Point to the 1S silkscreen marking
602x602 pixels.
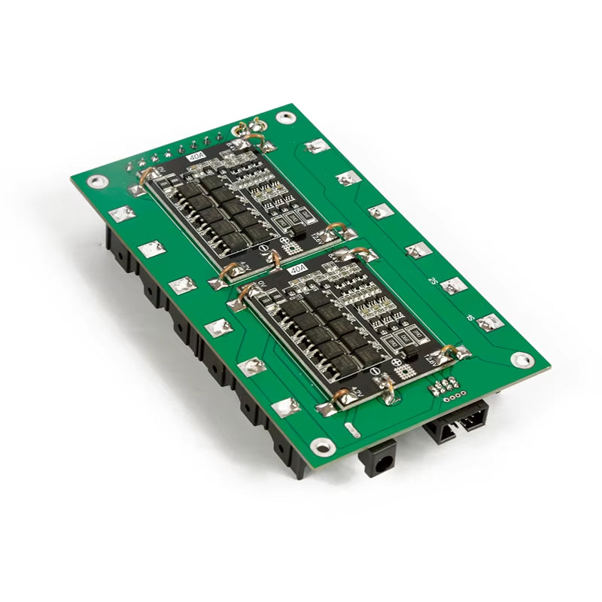pos(469,317)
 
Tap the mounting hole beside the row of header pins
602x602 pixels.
pos(96,181)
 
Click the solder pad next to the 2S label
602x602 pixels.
pos(452,285)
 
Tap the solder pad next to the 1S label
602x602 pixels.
pos(490,323)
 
